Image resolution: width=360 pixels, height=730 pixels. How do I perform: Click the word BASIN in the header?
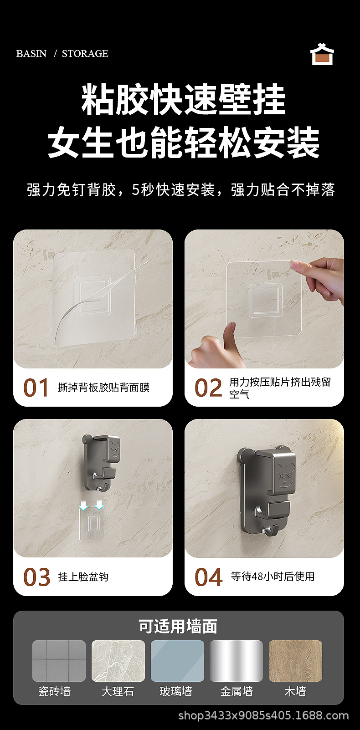(x=31, y=53)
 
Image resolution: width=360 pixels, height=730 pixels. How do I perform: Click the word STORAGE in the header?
(x=85, y=53)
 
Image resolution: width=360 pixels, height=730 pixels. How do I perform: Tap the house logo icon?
(x=322, y=54)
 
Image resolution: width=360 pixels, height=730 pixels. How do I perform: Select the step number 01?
(x=36, y=388)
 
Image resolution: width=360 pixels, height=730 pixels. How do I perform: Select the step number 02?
(x=208, y=388)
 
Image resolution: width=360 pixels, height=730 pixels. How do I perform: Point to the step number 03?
(x=37, y=577)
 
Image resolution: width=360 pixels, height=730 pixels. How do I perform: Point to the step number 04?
(x=208, y=577)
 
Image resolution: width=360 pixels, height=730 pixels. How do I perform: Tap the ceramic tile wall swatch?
(x=59, y=661)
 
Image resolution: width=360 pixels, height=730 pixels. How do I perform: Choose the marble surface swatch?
(x=118, y=661)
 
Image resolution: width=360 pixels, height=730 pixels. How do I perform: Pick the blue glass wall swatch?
(x=177, y=661)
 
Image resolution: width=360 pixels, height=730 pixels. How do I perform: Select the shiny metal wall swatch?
(x=237, y=661)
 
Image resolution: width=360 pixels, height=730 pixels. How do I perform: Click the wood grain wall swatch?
(x=295, y=661)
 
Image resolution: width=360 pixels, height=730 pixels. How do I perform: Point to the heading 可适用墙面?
(x=178, y=626)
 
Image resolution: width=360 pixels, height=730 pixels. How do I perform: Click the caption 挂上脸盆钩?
(x=83, y=577)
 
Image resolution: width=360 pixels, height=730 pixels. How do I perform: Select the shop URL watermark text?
(x=263, y=716)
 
